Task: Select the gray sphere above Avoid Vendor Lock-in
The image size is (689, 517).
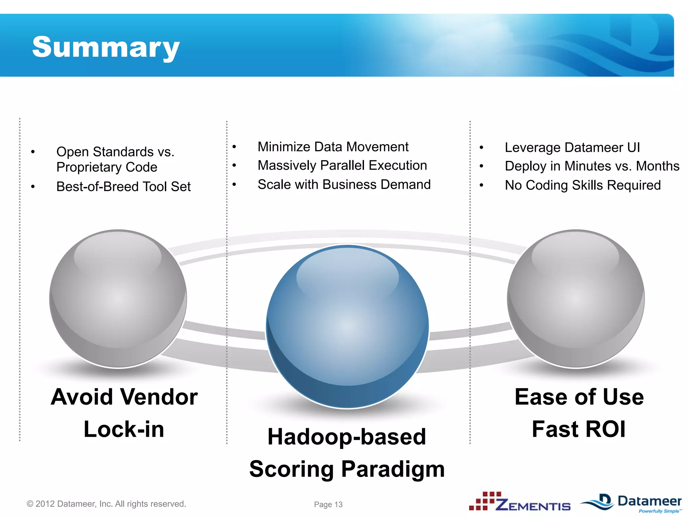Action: (x=118, y=299)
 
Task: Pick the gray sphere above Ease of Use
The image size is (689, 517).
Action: (x=576, y=299)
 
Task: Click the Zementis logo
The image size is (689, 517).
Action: (x=520, y=502)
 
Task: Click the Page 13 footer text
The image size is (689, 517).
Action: (x=328, y=504)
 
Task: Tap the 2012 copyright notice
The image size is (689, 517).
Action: (x=106, y=504)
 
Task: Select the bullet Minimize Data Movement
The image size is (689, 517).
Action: (x=333, y=147)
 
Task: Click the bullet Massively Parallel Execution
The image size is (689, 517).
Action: (x=342, y=166)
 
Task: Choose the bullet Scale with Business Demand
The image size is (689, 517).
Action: (x=344, y=184)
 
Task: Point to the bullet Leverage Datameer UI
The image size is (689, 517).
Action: (x=572, y=147)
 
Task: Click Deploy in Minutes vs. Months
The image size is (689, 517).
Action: (x=592, y=166)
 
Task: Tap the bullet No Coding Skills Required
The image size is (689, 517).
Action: (x=583, y=185)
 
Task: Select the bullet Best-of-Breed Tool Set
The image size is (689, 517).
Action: (x=123, y=186)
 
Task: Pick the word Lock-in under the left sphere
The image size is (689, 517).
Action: (x=124, y=429)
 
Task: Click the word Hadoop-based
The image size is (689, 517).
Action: (x=347, y=437)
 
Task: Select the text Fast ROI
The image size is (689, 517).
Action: (x=579, y=429)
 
